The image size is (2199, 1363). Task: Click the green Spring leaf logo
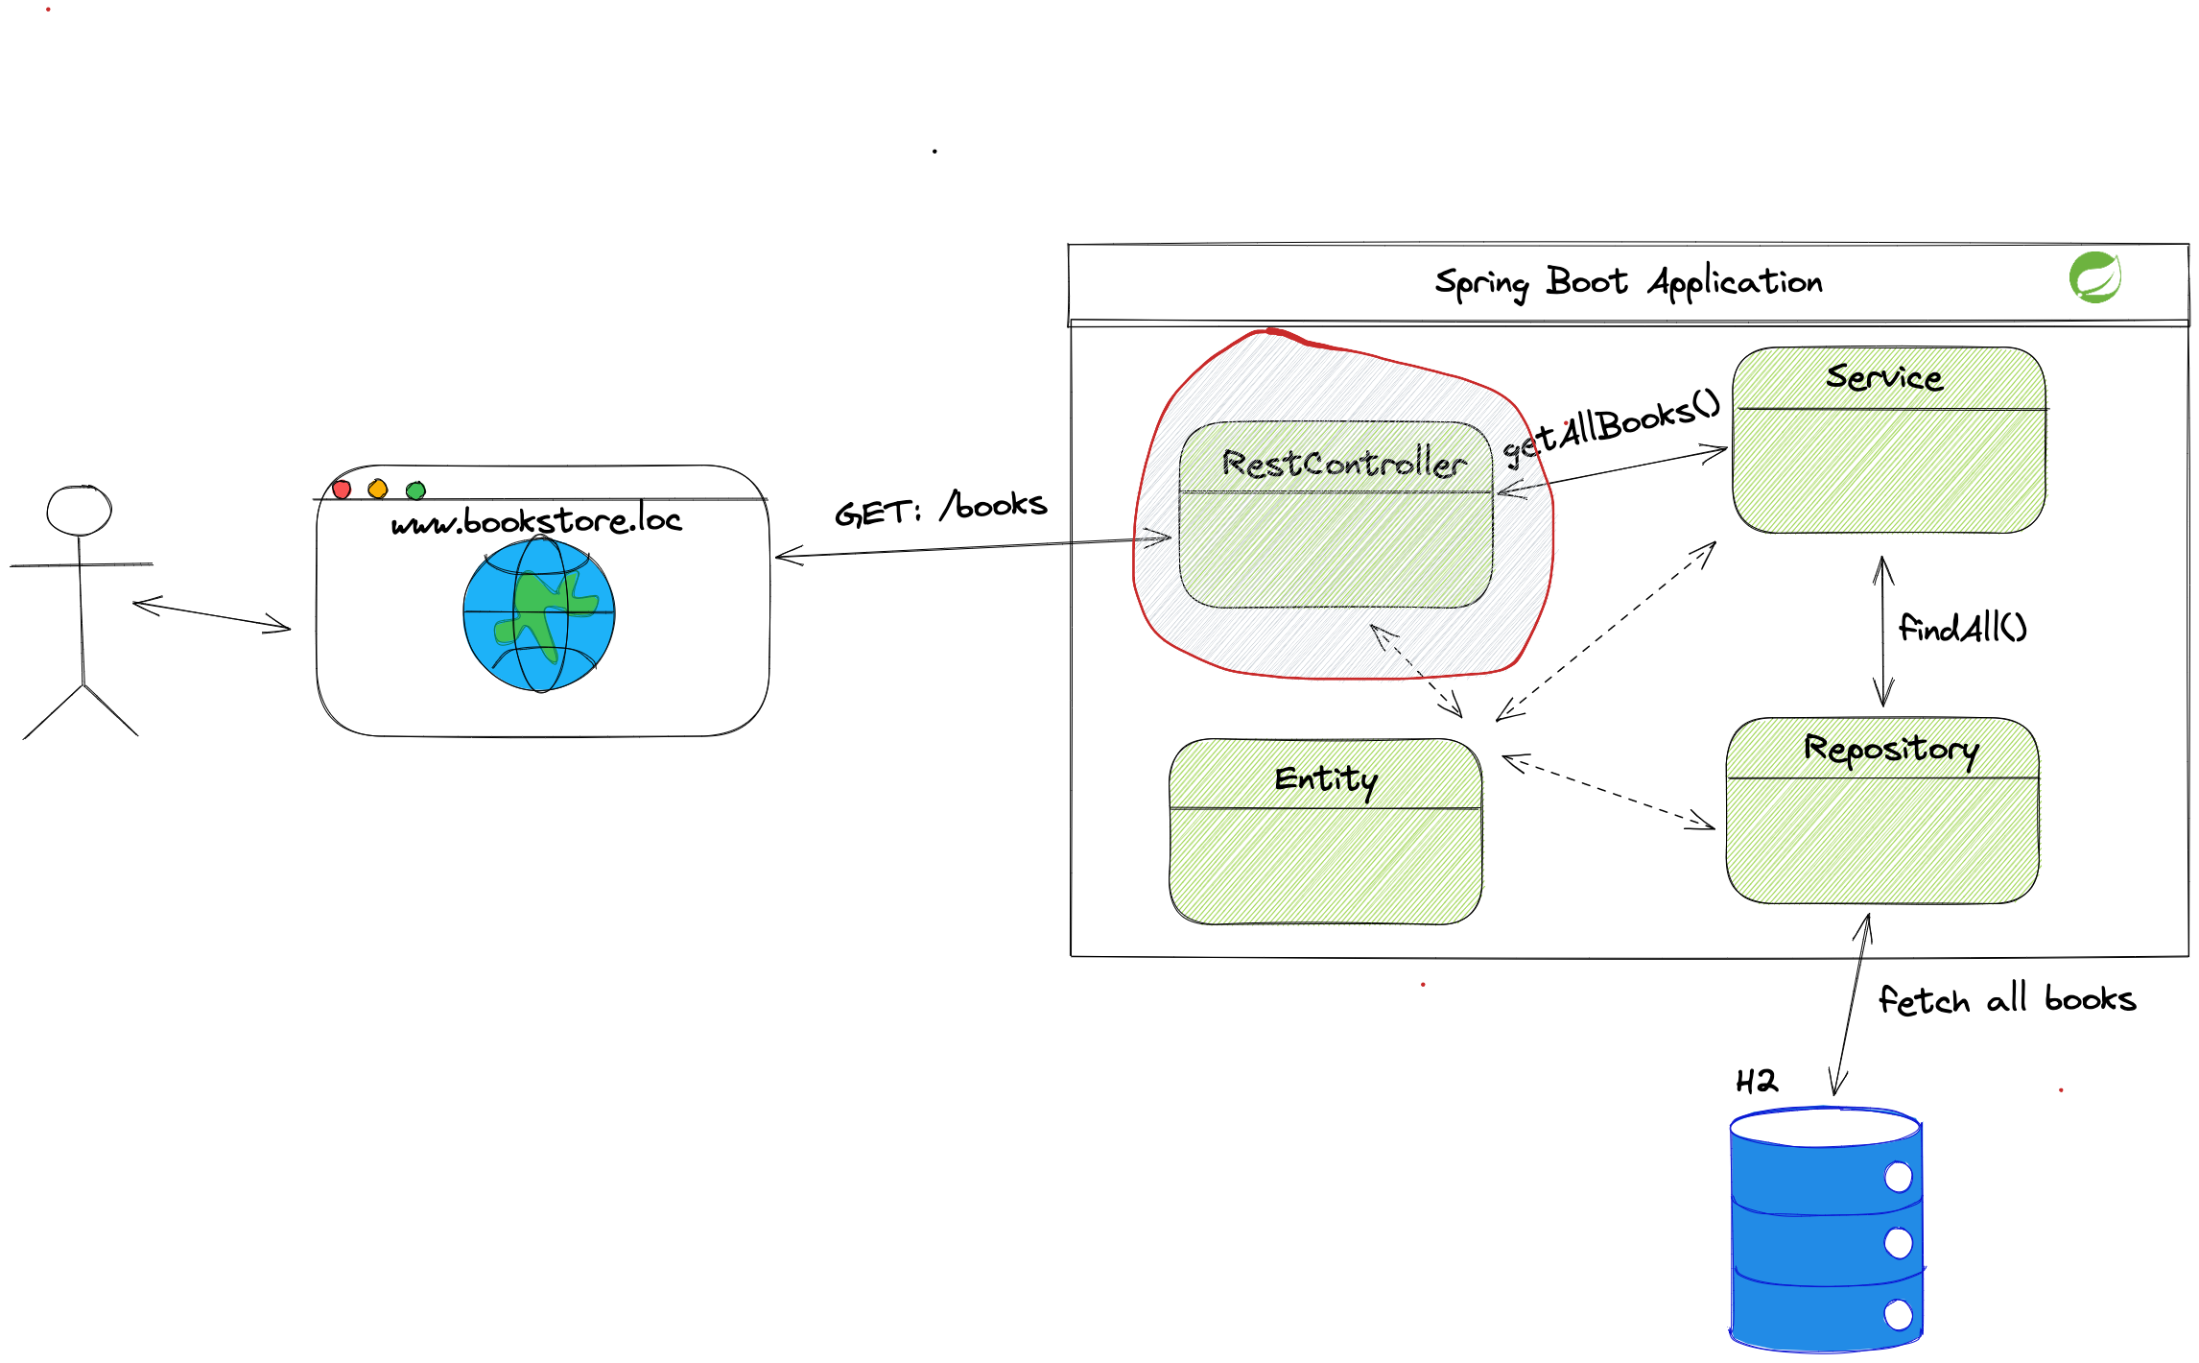[2094, 277]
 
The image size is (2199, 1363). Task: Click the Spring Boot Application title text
[1628, 282]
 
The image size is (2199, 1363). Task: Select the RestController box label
[1343, 464]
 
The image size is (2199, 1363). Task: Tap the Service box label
[1883, 377]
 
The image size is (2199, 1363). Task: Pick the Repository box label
[1890, 749]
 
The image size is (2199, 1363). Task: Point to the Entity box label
[1326, 778]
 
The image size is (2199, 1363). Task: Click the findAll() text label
[1962, 629]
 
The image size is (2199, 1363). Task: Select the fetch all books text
[2006, 1000]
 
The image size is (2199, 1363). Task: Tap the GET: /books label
[940, 508]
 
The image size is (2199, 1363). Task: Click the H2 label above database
[1757, 1082]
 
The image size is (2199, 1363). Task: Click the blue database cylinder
[1826, 1233]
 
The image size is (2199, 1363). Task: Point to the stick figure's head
[80, 511]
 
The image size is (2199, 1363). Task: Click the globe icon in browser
[539, 614]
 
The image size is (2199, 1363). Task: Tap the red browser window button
[342, 490]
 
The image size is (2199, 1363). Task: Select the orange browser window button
[378, 490]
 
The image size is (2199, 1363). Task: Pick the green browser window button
[415, 490]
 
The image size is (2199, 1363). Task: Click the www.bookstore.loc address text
[536, 521]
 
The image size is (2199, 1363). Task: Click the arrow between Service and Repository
[1883, 632]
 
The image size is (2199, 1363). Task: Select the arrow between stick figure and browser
[211, 616]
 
